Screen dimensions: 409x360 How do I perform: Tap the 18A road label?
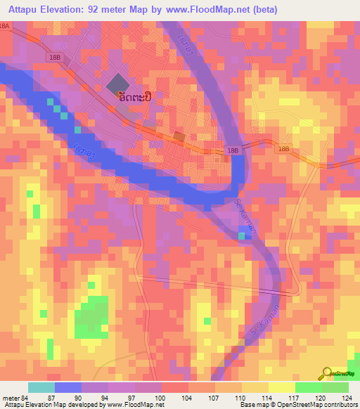tap(6, 25)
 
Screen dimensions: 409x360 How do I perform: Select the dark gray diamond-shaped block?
tap(118, 84)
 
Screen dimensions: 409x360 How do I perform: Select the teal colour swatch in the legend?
tap(41, 387)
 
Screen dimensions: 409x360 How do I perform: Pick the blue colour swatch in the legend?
tap(68, 387)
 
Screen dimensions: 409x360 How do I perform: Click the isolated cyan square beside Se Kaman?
tap(243, 235)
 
